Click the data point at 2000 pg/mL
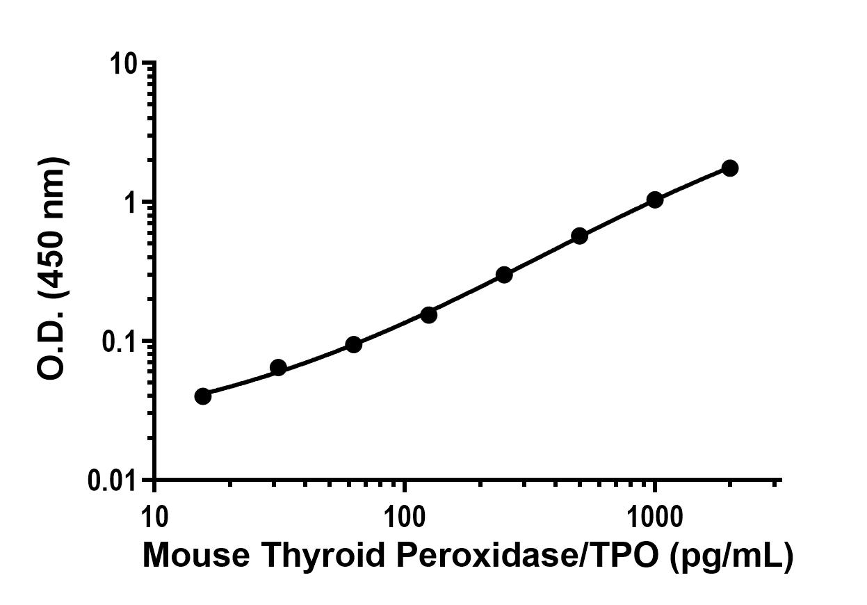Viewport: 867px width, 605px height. (729, 168)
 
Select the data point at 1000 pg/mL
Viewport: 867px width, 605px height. (654, 200)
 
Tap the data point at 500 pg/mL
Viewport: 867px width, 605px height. (579, 236)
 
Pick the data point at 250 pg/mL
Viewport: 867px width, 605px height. (504, 275)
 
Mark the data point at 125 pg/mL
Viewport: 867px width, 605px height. (429, 315)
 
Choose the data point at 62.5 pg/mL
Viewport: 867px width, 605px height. (353, 344)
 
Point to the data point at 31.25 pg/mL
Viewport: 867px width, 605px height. (278, 367)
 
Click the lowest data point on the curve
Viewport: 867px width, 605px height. (203, 396)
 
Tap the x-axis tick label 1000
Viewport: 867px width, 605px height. (654, 517)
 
